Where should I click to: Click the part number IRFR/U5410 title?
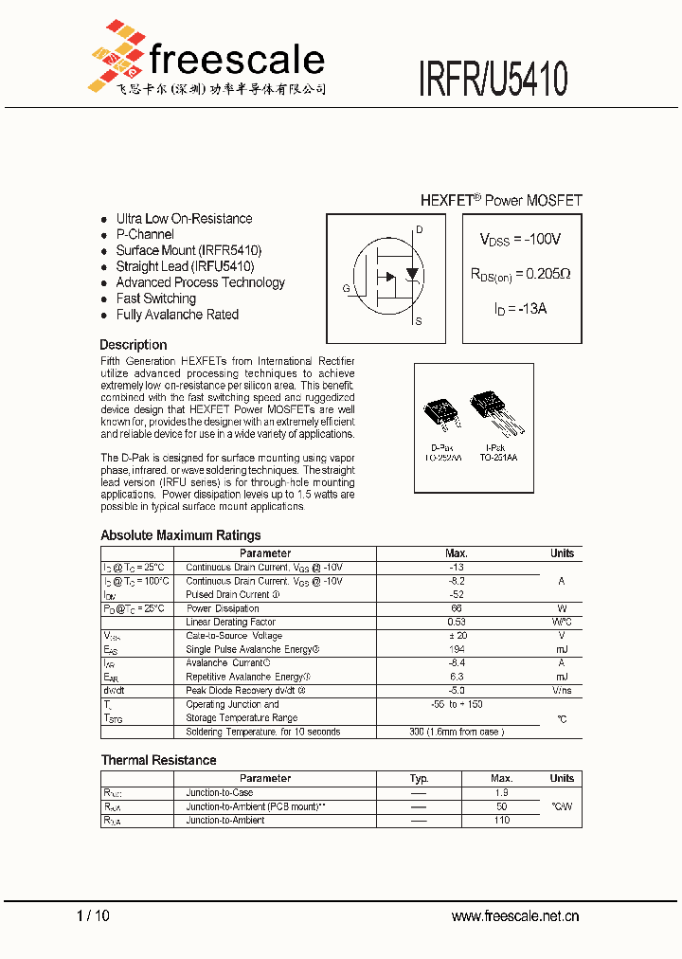(494, 79)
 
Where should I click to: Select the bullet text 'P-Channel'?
(145, 234)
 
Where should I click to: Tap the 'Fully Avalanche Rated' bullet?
(177, 315)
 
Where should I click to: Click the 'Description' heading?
(134, 345)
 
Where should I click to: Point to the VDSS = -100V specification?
(520, 240)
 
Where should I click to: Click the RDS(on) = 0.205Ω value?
(520, 274)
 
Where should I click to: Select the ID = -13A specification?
(520, 309)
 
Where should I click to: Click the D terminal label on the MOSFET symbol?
(419, 230)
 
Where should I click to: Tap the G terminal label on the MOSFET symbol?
(346, 288)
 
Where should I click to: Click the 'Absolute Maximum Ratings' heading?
(180, 535)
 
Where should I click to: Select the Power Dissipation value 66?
(456, 608)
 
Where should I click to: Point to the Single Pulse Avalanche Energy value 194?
(456, 650)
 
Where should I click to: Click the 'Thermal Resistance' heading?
(158, 760)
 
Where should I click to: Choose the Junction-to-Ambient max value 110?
(501, 821)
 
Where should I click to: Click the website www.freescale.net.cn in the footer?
(514, 915)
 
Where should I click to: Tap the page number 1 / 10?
(93, 915)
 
